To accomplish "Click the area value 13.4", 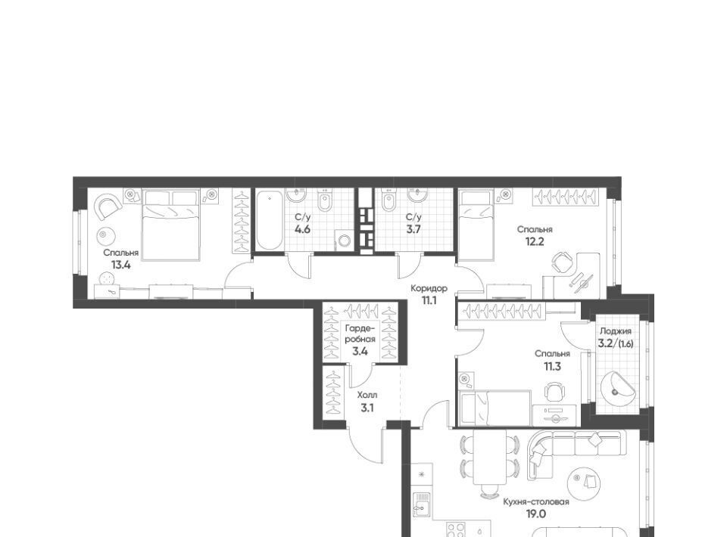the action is (120, 265).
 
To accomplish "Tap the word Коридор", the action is (429, 288).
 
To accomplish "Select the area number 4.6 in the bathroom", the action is (302, 228).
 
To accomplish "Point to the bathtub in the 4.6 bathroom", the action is (269, 221).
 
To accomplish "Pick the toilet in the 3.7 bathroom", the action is (388, 201).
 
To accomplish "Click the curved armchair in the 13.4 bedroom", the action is (108, 206).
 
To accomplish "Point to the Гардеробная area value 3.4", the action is (360, 352).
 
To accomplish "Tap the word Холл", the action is (367, 396).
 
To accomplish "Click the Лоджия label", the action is (615, 331).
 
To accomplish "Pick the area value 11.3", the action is (552, 367).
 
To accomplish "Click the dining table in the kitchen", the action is (490, 458).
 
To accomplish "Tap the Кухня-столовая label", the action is (536, 501).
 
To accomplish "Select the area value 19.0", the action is (536, 514).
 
